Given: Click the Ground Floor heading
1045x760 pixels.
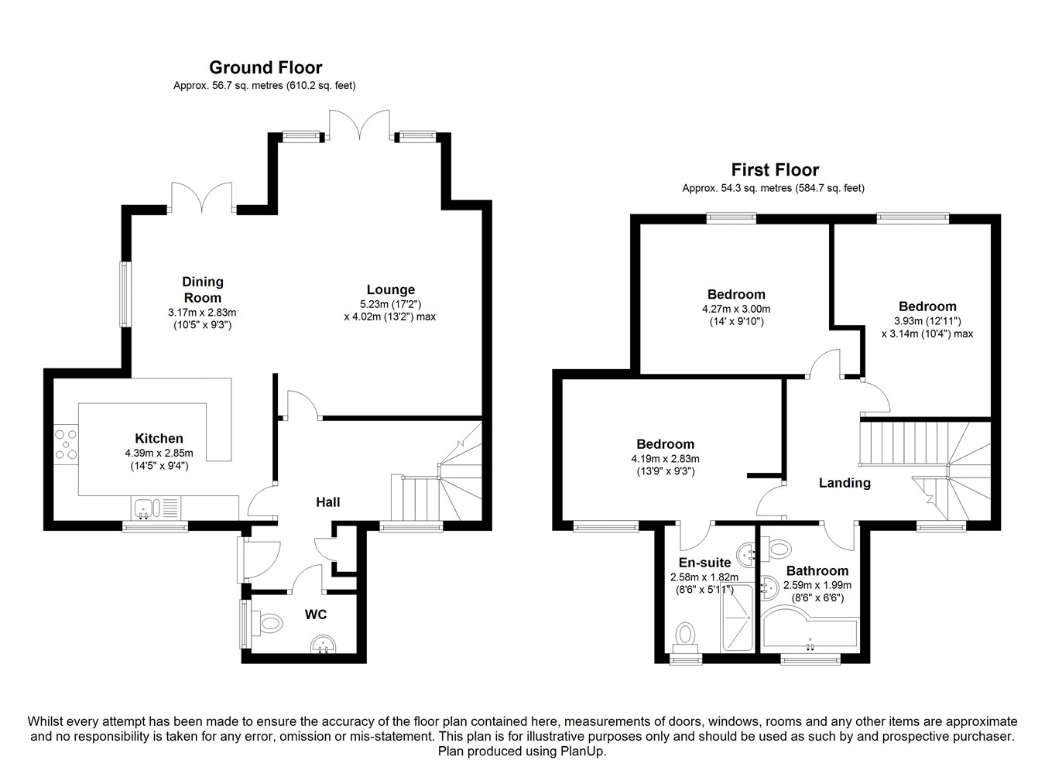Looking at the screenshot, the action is point(266,67).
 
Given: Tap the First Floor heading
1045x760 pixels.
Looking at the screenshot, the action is point(775,169).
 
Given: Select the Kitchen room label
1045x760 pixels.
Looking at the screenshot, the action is point(159,439).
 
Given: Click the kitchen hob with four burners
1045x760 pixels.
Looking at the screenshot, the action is point(66,444).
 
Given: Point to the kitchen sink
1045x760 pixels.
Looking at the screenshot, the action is point(156,508).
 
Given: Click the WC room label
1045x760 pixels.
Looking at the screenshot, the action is point(316,615).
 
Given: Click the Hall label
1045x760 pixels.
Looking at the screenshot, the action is point(328,502).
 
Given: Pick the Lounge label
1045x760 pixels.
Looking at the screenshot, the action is point(390,290).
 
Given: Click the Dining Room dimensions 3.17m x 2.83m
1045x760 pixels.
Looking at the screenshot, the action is point(203,312).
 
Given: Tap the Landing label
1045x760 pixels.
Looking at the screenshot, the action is point(845,483).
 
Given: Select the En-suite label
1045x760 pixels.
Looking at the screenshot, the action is point(704,563).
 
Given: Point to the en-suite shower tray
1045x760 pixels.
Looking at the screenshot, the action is point(737,617).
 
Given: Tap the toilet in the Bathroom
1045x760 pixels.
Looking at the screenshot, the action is point(776,548).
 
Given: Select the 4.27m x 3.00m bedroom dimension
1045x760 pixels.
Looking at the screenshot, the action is point(736,310).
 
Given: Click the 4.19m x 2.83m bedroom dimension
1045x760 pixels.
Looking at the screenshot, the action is point(665,459).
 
